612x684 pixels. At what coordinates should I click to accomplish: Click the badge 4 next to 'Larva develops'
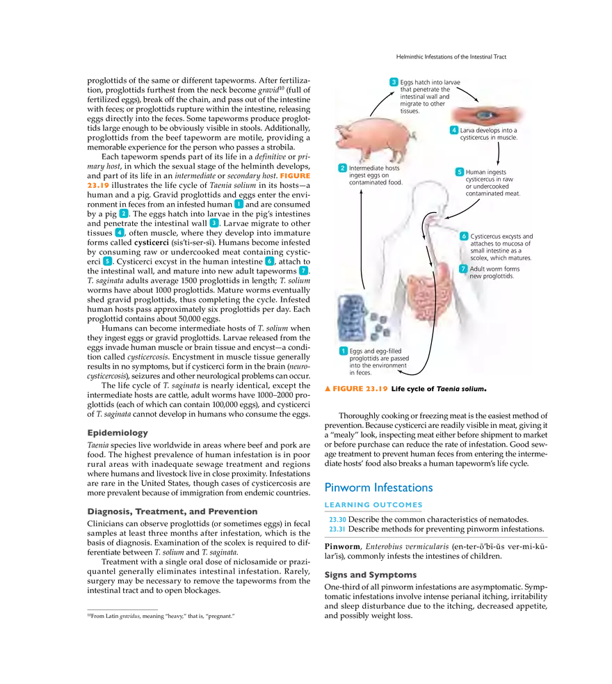[x=454, y=130]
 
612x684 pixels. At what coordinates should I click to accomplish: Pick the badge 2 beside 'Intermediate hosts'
[x=342, y=168]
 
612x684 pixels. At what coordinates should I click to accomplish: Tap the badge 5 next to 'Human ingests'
[x=459, y=172]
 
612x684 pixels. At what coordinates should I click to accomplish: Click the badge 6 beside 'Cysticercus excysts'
[x=464, y=236]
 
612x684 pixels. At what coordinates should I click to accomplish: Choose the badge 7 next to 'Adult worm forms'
[x=463, y=269]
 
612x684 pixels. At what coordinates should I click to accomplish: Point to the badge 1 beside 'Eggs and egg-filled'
[x=343, y=351]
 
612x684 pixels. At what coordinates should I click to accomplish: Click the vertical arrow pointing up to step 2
[x=362, y=237]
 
